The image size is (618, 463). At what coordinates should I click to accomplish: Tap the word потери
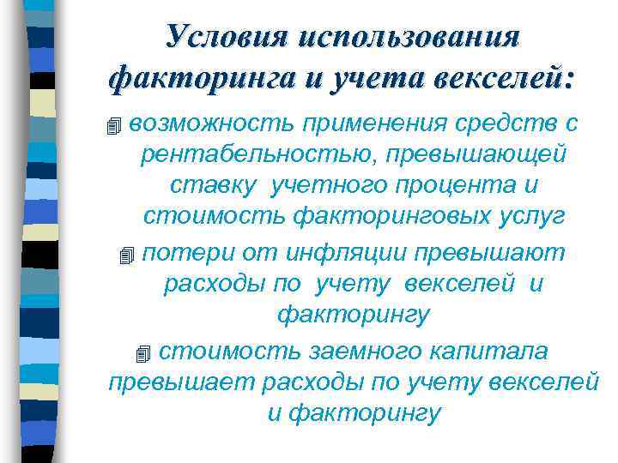tap(183, 253)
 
